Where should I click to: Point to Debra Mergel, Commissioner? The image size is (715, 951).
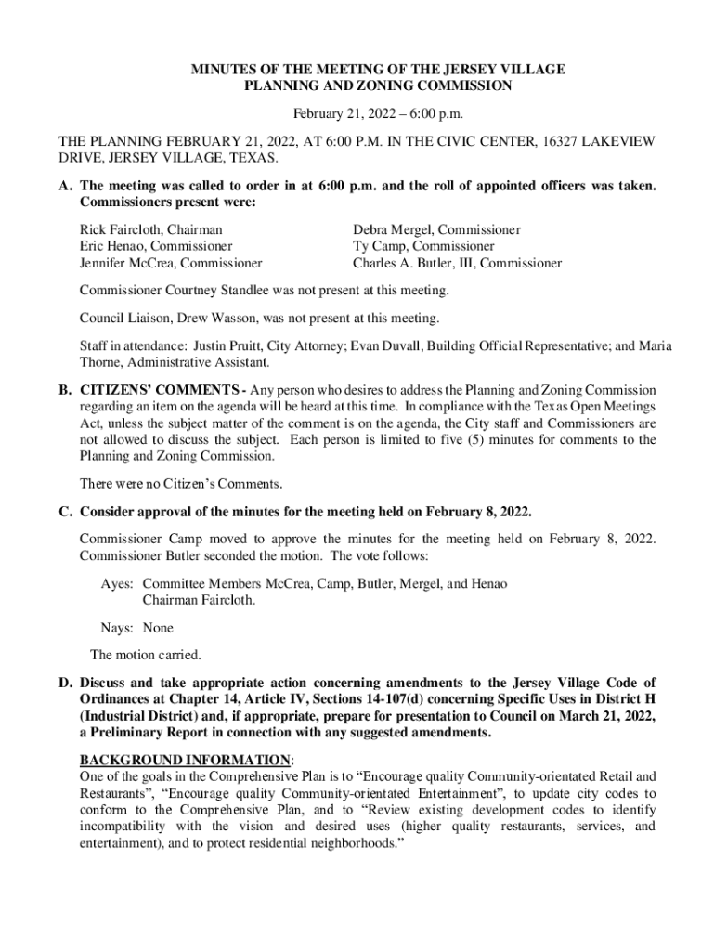pyautogui.click(x=436, y=229)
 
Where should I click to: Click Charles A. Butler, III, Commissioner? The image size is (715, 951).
pyautogui.click(x=457, y=263)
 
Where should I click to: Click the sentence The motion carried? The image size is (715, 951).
pyautogui.click(x=146, y=656)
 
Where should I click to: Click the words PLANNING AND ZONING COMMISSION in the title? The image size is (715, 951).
pyautogui.click(x=378, y=85)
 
